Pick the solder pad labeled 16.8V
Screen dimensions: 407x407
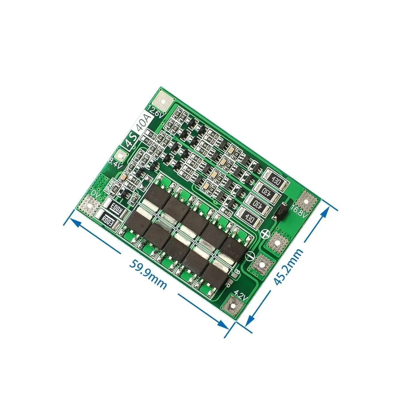(x=306, y=201)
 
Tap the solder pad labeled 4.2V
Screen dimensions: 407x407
(x=233, y=306)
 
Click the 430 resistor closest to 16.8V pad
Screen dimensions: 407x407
(x=276, y=180)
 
